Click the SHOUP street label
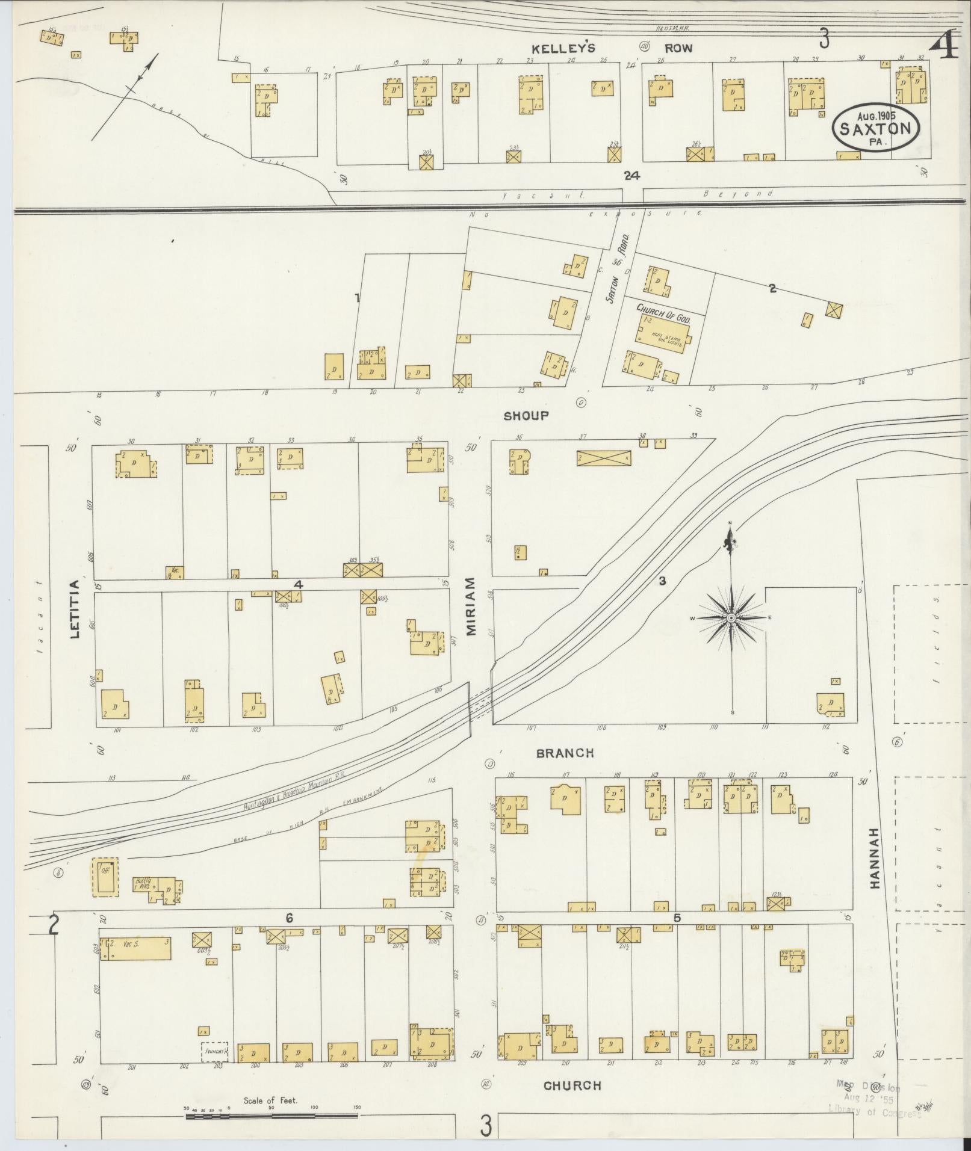pos(526,416)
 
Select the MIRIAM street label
pos(471,606)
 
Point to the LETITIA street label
pos(75,609)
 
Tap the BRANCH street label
pos(565,753)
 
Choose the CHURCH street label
pos(572,1085)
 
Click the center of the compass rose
pos(731,618)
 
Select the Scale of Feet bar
pos(272,1117)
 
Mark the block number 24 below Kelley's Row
pos(631,176)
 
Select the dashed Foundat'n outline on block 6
pos(214,1051)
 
